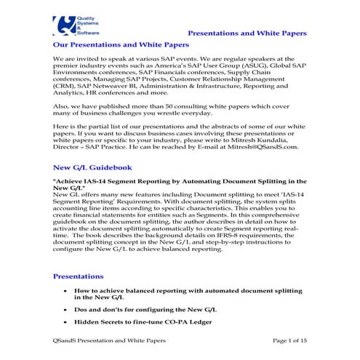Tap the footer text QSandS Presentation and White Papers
[x=105, y=340]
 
